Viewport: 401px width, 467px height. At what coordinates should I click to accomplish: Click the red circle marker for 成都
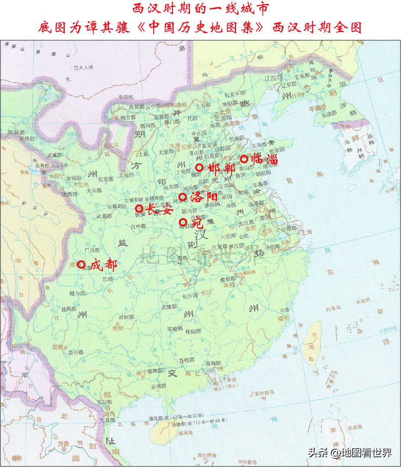[x=81, y=264]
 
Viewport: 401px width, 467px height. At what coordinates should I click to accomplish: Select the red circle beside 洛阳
[x=183, y=197]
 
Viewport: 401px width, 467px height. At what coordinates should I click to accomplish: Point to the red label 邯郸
[x=221, y=168]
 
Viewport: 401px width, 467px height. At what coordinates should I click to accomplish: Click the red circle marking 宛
[x=183, y=222]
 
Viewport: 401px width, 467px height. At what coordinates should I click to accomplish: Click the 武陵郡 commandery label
[x=169, y=306]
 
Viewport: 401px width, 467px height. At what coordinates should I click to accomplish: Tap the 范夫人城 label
[x=83, y=68]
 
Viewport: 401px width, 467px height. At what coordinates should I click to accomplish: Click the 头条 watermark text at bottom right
[x=318, y=454]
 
